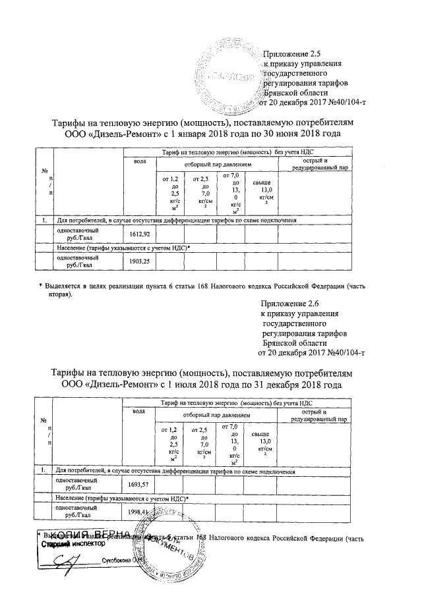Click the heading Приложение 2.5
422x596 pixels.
click(x=287, y=53)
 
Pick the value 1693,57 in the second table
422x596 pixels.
click(x=139, y=484)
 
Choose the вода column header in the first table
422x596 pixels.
click(x=139, y=161)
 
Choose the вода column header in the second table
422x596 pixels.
click(x=139, y=412)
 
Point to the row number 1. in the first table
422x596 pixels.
click(x=43, y=221)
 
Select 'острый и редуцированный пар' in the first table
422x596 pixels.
click(x=320, y=165)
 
